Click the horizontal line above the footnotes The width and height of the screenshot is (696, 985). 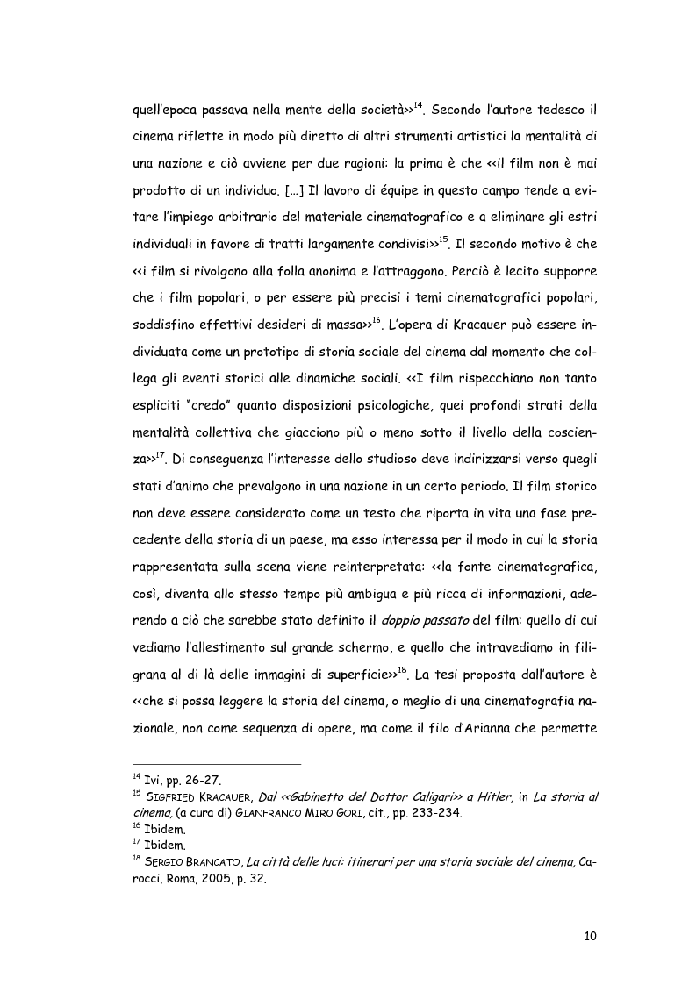pyautogui.click(x=216, y=763)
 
